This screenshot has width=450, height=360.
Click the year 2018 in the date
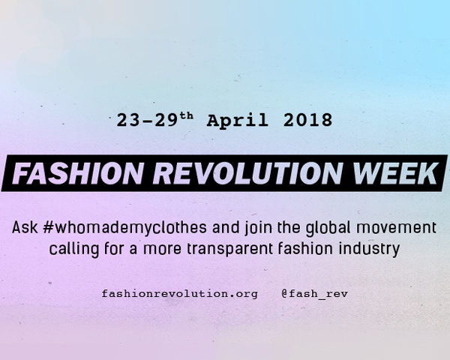[x=307, y=120]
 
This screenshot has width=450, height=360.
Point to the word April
[x=237, y=121]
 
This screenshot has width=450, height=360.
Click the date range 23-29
[x=147, y=120]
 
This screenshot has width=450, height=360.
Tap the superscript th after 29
[x=187, y=116]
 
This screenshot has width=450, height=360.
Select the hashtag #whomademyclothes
[x=124, y=228]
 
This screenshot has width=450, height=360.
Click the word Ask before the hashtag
[x=25, y=227]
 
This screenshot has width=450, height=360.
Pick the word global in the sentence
[x=328, y=228]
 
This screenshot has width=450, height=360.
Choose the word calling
[x=74, y=249]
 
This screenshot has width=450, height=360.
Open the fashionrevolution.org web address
[x=180, y=294]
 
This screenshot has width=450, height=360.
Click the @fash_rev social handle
[x=314, y=294]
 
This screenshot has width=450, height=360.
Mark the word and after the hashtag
[x=226, y=227]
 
